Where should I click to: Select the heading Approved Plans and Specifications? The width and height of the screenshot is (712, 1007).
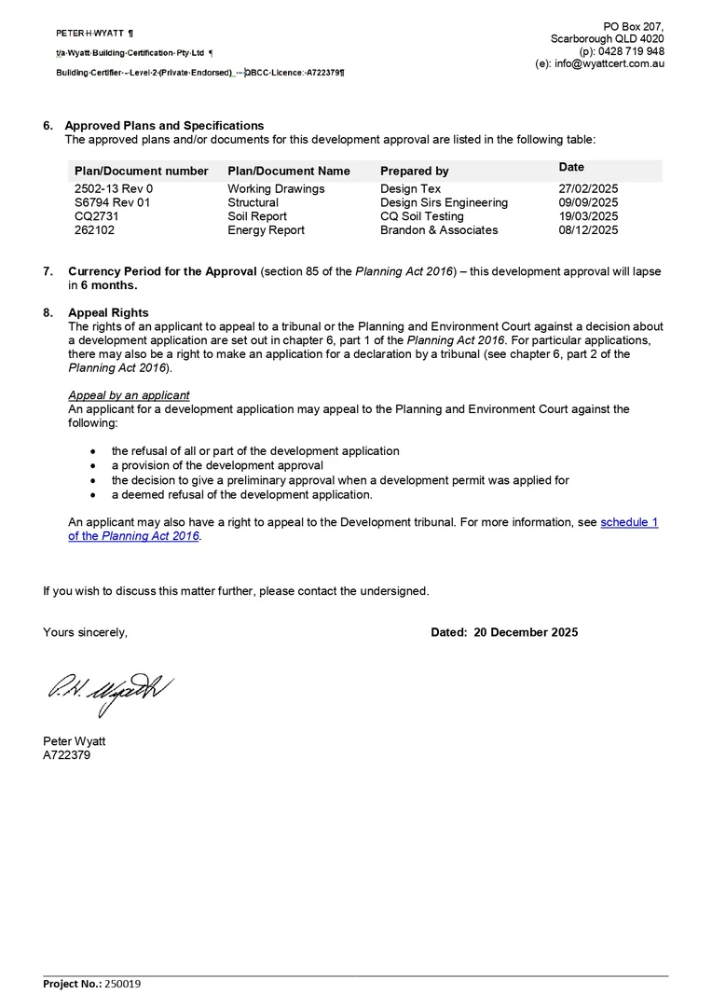[x=164, y=126]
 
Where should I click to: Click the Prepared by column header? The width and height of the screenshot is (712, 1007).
[x=414, y=172]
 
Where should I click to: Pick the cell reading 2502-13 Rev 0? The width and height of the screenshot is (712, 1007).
[x=113, y=189]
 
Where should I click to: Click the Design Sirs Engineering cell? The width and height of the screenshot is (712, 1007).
[x=444, y=202]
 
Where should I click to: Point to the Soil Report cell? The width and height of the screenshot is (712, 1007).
[x=256, y=216]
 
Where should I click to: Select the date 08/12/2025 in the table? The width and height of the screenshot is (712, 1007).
[x=588, y=230]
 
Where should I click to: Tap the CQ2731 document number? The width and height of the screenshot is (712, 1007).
[x=96, y=216]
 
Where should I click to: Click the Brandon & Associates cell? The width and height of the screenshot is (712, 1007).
[x=439, y=230]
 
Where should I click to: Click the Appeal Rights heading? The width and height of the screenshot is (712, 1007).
[x=108, y=313]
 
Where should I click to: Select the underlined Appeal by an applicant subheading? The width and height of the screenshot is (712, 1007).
[x=129, y=395]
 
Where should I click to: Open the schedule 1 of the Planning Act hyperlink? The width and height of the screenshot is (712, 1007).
[x=629, y=522]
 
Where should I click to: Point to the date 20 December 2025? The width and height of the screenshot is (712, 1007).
[x=526, y=632]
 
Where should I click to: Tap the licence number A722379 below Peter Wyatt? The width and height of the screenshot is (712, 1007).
[x=66, y=755]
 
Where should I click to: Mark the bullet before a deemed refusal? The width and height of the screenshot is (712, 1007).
[x=92, y=495]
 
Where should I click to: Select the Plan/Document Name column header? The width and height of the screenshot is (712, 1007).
[x=288, y=172]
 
